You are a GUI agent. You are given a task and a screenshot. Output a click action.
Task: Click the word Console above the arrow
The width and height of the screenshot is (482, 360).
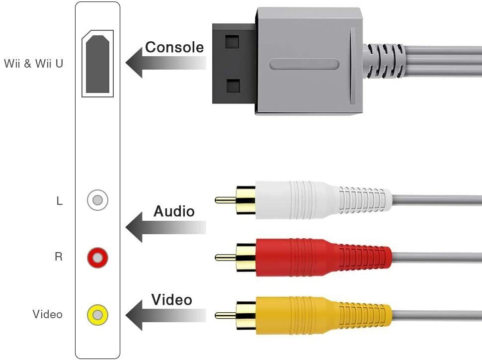(x=174, y=47)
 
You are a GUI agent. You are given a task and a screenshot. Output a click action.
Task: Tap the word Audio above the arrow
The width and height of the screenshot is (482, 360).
(x=174, y=211)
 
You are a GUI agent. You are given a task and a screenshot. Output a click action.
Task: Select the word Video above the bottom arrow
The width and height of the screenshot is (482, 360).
(x=171, y=300)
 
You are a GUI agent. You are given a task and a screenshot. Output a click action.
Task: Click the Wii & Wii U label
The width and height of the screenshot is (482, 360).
(x=34, y=64)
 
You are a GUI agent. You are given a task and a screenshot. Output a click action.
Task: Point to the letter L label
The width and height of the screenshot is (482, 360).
(x=60, y=201)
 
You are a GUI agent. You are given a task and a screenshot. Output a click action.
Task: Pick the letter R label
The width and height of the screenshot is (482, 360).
(x=59, y=258)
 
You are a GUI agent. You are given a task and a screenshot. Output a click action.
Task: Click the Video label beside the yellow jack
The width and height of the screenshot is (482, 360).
(x=48, y=314)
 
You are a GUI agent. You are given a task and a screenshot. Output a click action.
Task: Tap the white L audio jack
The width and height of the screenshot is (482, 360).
(x=97, y=200)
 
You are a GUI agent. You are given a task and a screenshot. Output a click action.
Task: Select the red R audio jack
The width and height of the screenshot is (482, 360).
(x=97, y=258)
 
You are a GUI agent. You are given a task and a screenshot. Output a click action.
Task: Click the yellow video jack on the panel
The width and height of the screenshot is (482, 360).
(x=97, y=315)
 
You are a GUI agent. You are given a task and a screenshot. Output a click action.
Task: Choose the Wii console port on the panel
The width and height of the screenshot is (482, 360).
(x=97, y=64)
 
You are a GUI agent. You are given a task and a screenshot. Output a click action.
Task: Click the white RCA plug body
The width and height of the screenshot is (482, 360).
(x=298, y=200)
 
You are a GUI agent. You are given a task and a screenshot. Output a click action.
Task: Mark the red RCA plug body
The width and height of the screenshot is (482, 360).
(x=298, y=257)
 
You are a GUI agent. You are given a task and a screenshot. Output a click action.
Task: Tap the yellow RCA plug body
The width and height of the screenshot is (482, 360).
(x=298, y=315)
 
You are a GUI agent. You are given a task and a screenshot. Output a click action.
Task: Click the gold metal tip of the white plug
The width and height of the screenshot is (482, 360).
(x=225, y=200)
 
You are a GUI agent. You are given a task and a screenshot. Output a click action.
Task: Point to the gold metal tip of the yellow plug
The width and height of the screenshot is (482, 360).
(x=225, y=315)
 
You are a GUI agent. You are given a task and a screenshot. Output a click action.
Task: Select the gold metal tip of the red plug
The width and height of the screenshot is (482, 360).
(x=225, y=258)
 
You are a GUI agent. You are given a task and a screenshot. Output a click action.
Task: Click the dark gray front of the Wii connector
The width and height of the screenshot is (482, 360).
(x=234, y=64)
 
